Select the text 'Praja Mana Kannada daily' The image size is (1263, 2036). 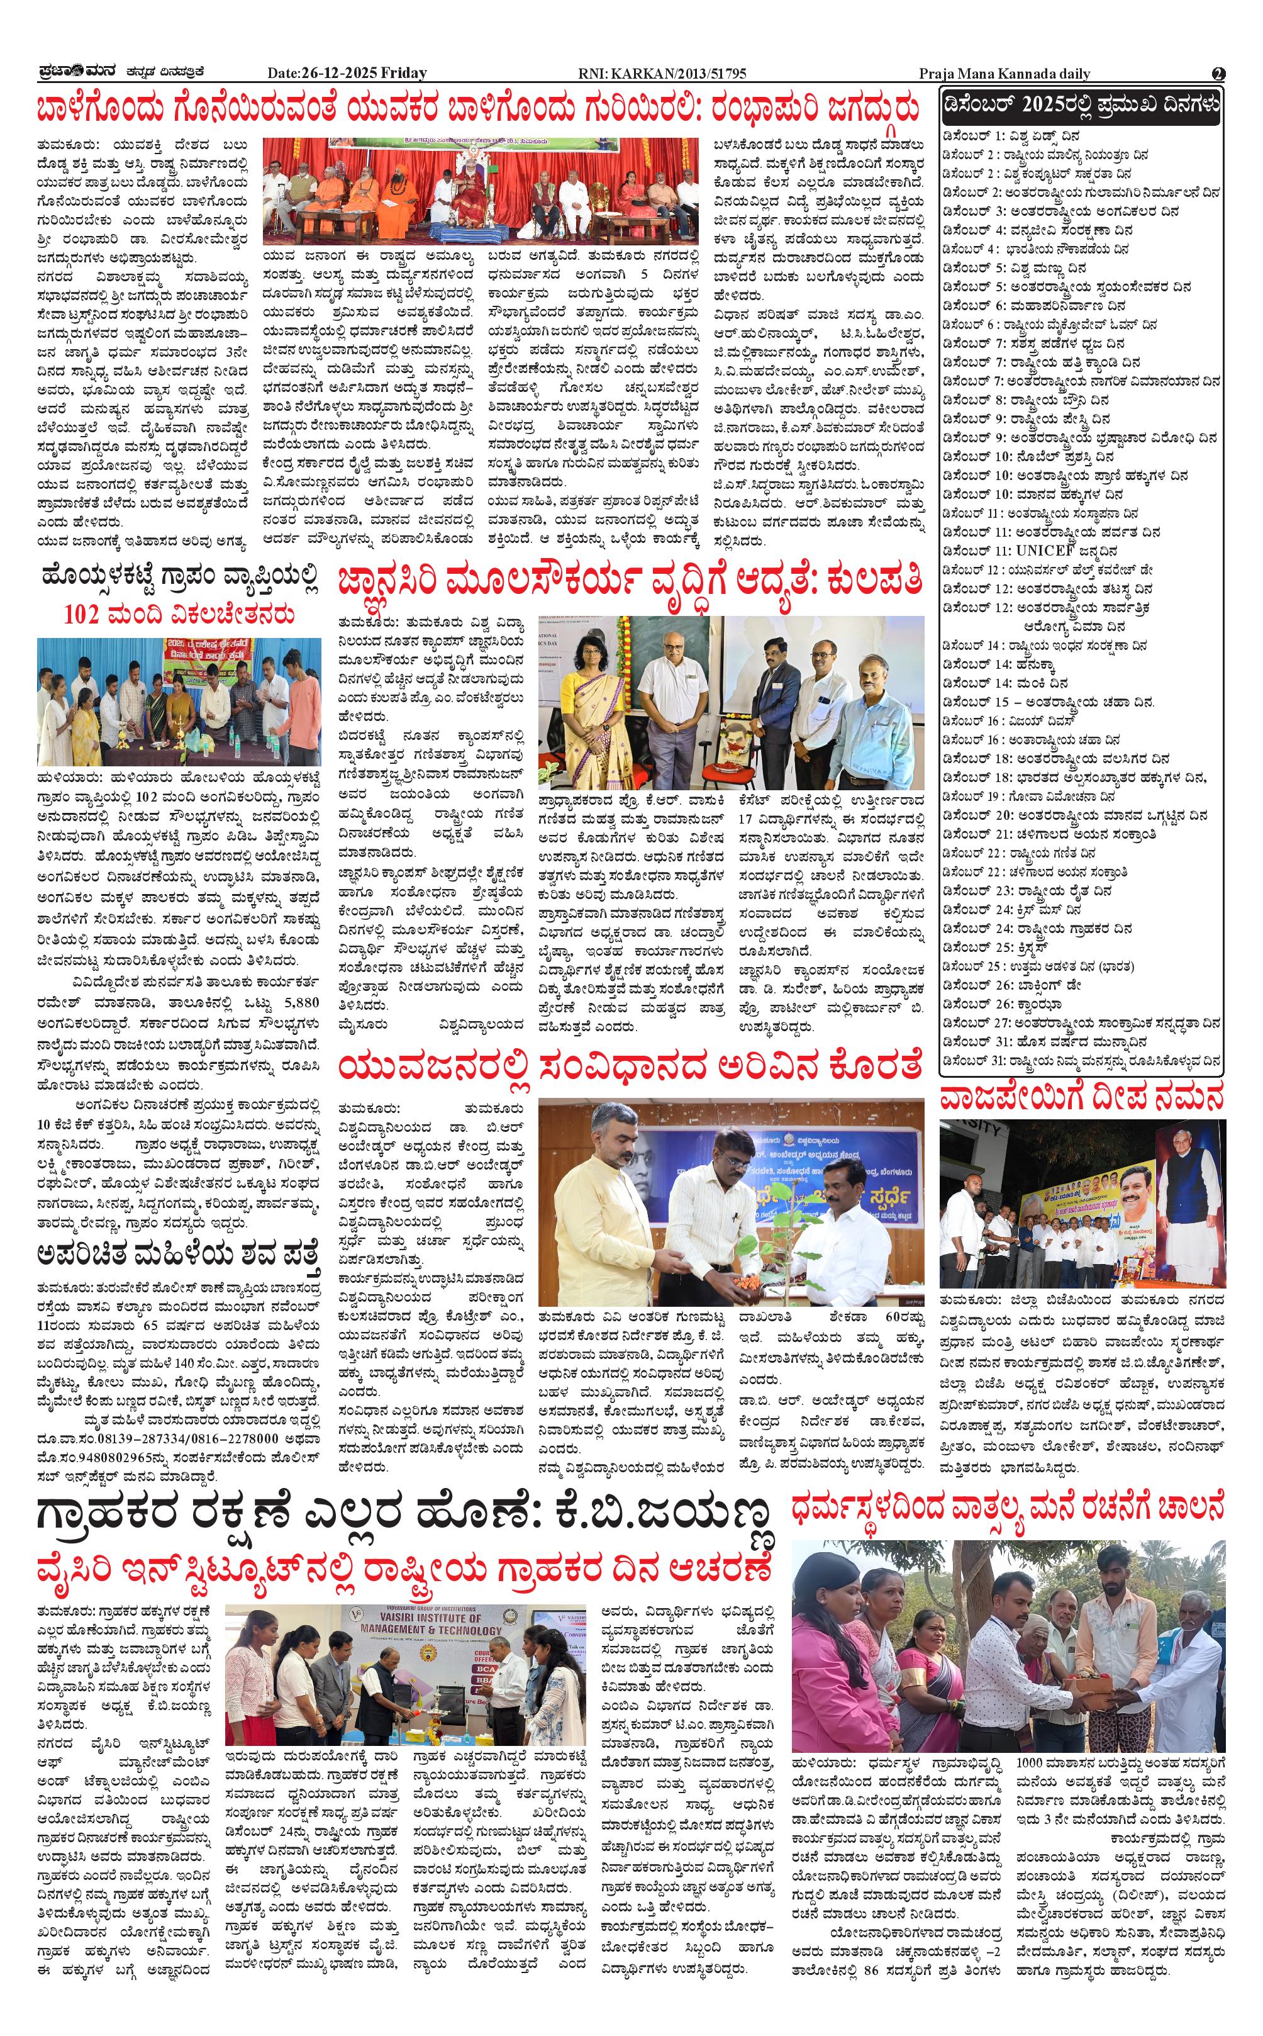1004,74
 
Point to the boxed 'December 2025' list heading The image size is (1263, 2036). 1081,106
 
